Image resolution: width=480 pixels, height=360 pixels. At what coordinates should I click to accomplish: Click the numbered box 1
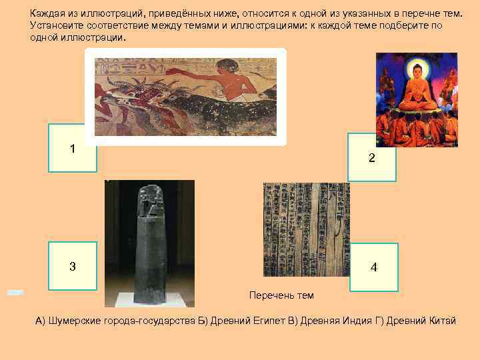[72, 148]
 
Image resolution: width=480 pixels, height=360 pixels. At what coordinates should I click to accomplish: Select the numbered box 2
[372, 157]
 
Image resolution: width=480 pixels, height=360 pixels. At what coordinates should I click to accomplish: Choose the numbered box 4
[373, 267]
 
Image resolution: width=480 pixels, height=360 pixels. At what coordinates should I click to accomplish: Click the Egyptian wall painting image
[185, 97]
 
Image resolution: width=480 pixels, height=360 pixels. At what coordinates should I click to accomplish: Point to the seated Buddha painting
[417, 100]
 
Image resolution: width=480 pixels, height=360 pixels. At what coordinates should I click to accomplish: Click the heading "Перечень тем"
[281, 295]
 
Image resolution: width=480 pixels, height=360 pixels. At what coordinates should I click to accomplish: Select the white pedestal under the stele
[149, 299]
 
